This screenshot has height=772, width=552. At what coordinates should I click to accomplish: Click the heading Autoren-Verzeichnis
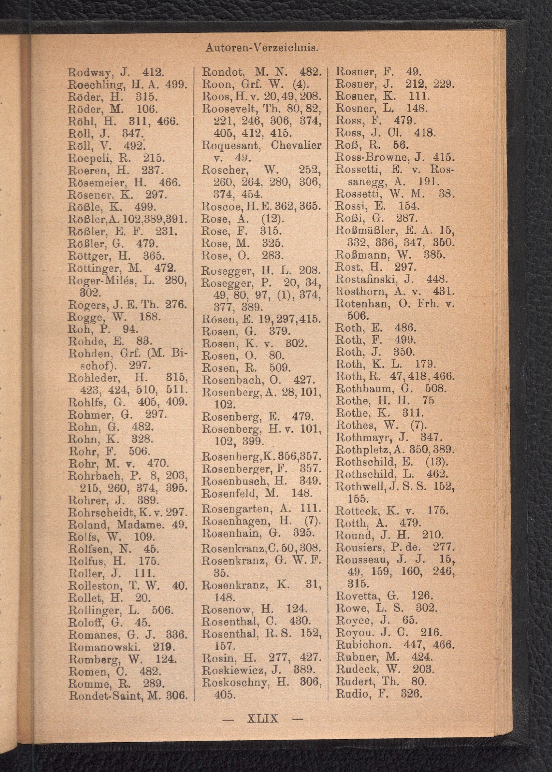point(262,48)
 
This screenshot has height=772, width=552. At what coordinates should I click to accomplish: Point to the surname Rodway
point(89,73)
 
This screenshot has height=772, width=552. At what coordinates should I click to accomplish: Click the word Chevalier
point(296,145)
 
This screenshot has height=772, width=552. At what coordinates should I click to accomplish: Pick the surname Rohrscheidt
point(100,512)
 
